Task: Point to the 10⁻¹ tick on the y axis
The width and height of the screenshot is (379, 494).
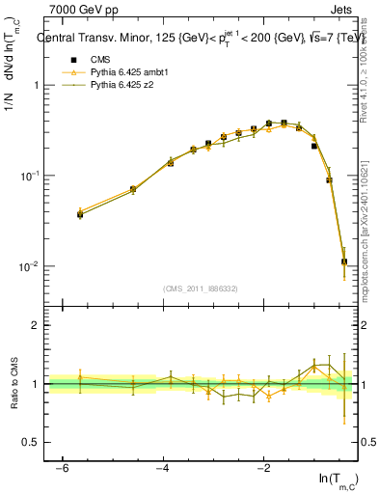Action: (30, 176)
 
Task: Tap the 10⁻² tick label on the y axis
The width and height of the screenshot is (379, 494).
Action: (30, 266)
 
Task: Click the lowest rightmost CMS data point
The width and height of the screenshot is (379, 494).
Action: (344, 261)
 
